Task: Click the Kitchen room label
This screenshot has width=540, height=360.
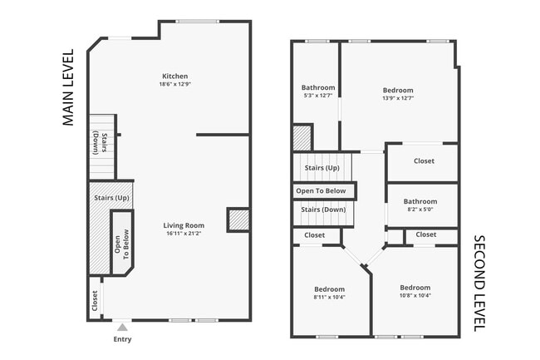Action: pos(174,76)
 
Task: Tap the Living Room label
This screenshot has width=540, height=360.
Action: pos(183,225)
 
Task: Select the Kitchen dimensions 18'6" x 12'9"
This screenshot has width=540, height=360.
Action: pos(174,84)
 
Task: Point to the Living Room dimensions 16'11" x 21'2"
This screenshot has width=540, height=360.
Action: pos(183,234)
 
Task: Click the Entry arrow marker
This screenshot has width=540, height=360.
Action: pos(122,327)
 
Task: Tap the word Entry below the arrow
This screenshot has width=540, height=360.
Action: pos(122,339)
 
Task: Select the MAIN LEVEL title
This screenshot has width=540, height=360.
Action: pos(68,87)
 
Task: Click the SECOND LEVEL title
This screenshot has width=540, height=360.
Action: pos(479,284)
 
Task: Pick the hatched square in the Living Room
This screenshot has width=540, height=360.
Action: pos(238,219)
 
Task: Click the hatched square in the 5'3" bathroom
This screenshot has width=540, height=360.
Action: pos(302,137)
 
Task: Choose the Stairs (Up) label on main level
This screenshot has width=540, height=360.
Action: pos(110,198)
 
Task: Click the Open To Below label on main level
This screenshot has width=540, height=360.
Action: pos(122,242)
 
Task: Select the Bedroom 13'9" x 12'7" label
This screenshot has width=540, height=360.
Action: pos(398,90)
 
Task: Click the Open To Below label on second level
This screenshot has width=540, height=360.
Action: pos(321,190)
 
